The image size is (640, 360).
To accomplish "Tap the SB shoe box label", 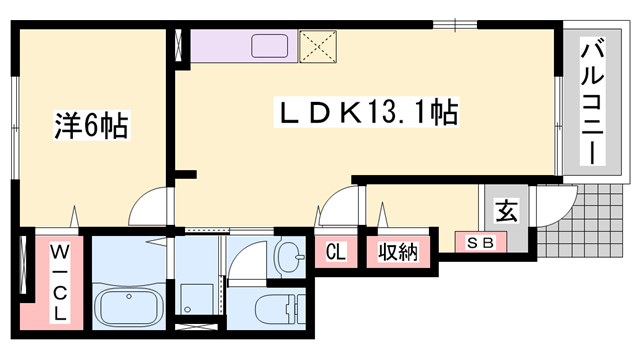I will (x=481, y=241).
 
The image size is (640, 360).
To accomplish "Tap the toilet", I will (x=278, y=310).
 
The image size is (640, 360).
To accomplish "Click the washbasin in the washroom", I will (x=291, y=257).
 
